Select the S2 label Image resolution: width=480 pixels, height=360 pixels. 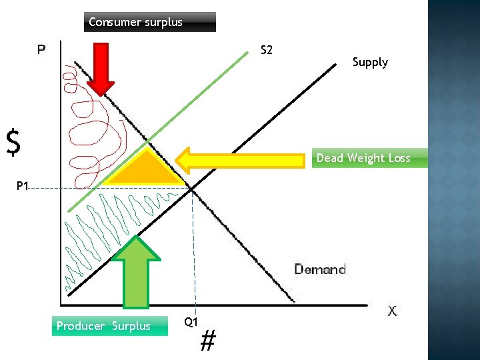coord(266,51)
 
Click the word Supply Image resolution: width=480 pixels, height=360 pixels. coord(370,62)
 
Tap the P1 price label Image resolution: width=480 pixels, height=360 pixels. coord(23,186)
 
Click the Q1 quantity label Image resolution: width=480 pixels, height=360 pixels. coord(191,322)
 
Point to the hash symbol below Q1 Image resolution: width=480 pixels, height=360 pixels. coord(208,342)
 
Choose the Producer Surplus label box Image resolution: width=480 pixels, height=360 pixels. coord(103,326)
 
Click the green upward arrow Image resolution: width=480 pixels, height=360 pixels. coord(137,271)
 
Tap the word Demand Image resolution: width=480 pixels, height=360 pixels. coord(320,269)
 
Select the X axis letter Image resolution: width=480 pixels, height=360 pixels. coord(393,311)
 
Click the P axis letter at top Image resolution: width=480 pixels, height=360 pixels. coord(41,49)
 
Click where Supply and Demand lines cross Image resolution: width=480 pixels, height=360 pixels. coord(193,190)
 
